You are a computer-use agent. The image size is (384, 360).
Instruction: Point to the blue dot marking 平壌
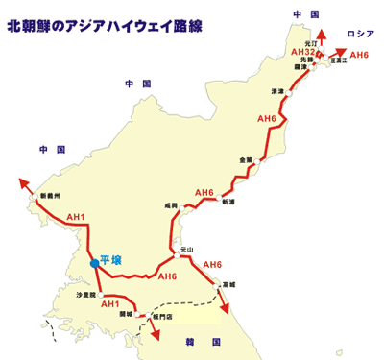pos(94,262)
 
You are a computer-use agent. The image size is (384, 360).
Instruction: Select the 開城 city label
pos(126,313)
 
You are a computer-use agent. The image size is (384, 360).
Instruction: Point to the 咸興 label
pos(171,204)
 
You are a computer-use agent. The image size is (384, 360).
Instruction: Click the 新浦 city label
pos(227,203)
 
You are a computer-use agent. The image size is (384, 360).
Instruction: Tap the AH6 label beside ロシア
pos(360,55)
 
